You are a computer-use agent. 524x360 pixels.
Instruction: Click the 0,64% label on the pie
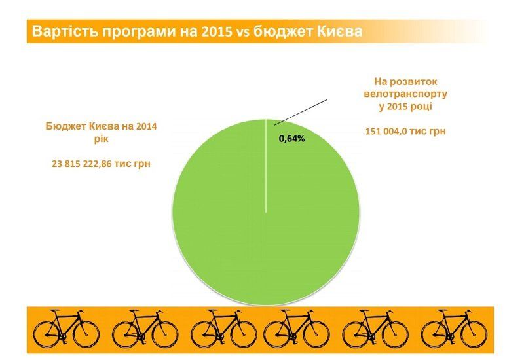point(292,139)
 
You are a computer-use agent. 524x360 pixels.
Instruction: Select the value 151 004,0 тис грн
point(405,131)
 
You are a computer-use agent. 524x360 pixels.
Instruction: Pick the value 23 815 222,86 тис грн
point(102,164)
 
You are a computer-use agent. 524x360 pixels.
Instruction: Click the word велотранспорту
point(405,93)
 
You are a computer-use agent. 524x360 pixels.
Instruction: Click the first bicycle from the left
point(66,329)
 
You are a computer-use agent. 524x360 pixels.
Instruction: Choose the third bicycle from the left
point(223,329)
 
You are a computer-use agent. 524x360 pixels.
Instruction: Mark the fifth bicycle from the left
point(375,329)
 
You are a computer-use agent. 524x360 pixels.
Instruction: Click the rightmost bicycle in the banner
point(454,329)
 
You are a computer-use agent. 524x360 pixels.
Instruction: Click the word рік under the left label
point(102,139)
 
